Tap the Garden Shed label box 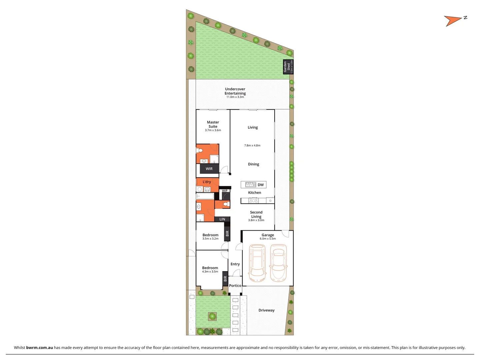(x=288, y=67)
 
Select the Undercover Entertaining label (x=235, y=91)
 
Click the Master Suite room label (x=213, y=124)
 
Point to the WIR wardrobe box (x=209, y=169)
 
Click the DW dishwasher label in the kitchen (x=261, y=185)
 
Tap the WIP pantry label (x=225, y=191)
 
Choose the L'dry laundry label (x=207, y=182)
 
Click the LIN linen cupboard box (x=222, y=219)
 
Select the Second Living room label (x=256, y=214)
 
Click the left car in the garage (x=257, y=263)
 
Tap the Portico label (x=235, y=286)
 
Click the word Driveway (x=267, y=310)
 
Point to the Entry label (x=235, y=264)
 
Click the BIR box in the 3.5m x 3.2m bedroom (x=227, y=233)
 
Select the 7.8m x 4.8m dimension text (x=252, y=145)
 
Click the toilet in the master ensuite (x=200, y=150)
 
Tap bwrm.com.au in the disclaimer (x=39, y=347)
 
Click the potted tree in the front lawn (x=212, y=316)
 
